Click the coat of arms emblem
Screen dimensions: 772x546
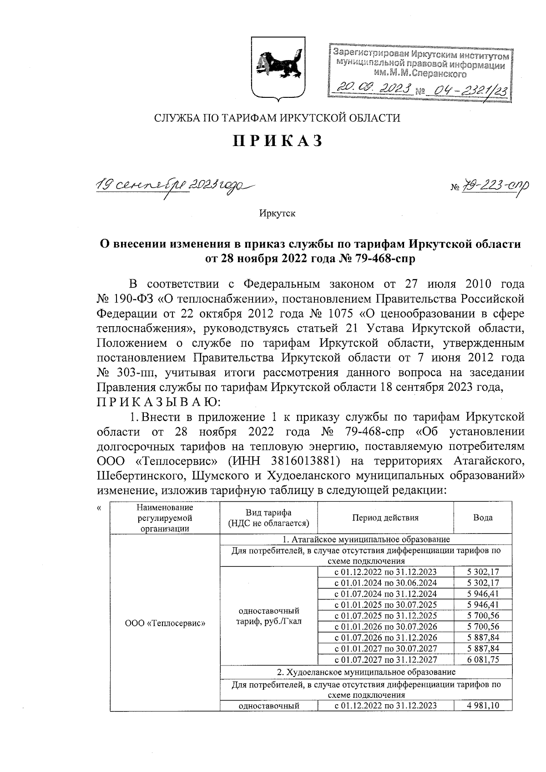(277, 68)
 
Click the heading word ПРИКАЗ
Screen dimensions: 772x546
(278, 141)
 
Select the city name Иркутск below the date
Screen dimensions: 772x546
(277, 213)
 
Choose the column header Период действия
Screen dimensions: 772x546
(385, 517)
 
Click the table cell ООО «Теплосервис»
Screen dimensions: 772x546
(165, 623)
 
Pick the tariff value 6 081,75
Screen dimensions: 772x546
(483, 660)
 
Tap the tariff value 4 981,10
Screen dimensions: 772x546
(483, 706)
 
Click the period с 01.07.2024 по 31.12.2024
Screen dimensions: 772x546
(385, 594)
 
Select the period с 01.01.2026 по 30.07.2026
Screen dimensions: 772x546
(385, 627)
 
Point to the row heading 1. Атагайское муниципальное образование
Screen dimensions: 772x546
(366, 540)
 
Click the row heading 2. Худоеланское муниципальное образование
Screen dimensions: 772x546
(366, 672)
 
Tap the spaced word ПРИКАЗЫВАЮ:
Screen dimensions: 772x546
(159, 402)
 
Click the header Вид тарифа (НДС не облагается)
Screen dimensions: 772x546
(268, 518)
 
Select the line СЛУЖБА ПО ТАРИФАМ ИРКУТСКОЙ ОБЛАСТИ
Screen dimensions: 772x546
(277, 118)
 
